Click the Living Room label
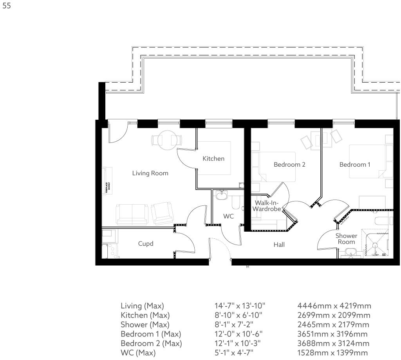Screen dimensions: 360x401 click(x=150, y=173)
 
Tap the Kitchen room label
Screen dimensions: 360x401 click(x=213, y=158)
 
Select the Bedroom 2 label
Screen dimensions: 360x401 click(x=289, y=164)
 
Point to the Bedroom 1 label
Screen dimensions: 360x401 click(x=354, y=164)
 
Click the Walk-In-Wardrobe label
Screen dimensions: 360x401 click(x=267, y=206)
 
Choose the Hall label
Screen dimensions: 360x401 click(x=279, y=245)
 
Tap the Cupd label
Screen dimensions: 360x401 click(x=146, y=243)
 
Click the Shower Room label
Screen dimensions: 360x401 click(x=347, y=239)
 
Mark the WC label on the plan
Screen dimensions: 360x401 click(x=229, y=216)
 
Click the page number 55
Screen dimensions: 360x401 click(x=6, y=7)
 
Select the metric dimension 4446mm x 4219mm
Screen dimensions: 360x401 click(x=334, y=306)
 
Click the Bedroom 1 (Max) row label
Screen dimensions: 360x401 click(x=151, y=334)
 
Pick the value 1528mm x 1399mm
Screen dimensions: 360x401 click(x=333, y=353)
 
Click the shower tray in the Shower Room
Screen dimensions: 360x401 click(x=374, y=243)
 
